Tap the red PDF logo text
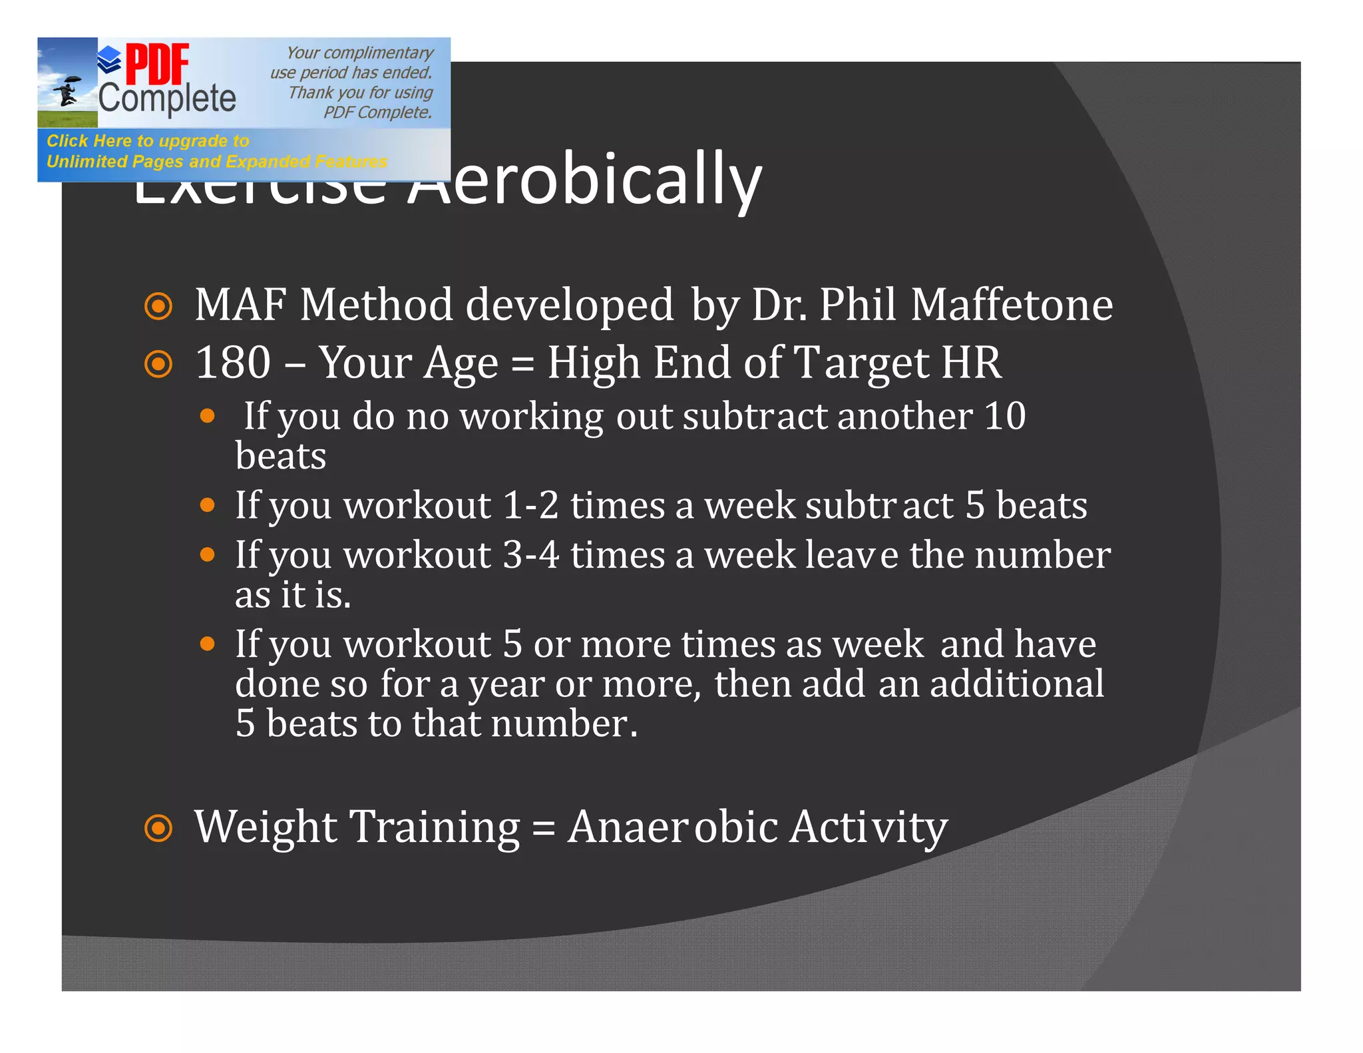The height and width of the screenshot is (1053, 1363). coord(157,64)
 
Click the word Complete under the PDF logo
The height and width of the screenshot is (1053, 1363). coord(167,99)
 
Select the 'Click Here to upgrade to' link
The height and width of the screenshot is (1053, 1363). coord(148,141)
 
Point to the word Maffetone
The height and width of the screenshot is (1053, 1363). coord(1012,305)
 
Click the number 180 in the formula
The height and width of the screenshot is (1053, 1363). coord(233,363)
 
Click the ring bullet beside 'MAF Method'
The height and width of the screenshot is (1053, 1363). coord(158,306)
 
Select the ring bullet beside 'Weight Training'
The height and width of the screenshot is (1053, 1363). coord(158,829)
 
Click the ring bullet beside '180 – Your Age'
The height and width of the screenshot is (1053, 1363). coord(158,364)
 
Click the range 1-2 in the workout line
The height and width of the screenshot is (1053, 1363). coord(530,505)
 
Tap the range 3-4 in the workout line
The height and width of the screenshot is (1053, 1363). coord(530,555)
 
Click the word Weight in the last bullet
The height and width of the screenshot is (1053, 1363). coord(266,827)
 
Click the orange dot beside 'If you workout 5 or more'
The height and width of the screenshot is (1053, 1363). coord(208,644)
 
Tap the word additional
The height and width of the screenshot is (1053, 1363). coord(1016,684)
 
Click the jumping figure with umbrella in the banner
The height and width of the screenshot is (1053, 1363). coord(67,91)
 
